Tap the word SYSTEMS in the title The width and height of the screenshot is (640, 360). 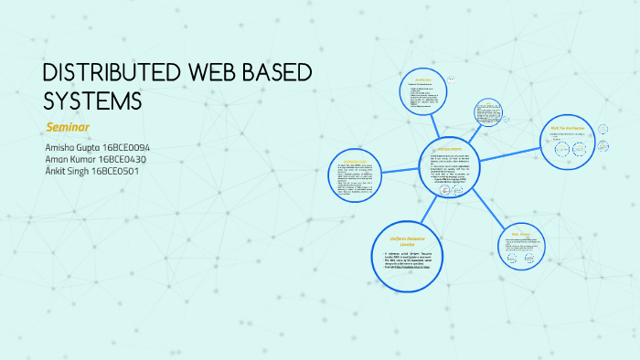(92, 101)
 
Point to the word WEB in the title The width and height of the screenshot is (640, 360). (200, 74)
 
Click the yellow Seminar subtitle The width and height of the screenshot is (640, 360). (67, 126)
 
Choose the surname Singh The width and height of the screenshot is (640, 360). (75, 170)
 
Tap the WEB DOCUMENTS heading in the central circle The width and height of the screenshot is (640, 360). (449, 148)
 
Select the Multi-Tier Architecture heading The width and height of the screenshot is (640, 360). (568, 127)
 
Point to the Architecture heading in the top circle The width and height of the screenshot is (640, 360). (423, 79)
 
